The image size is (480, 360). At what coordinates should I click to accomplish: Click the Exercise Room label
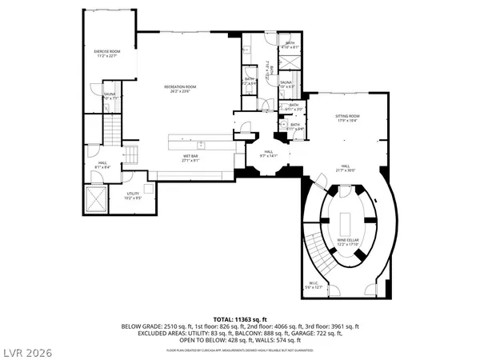pyautogui.click(x=106, y=54)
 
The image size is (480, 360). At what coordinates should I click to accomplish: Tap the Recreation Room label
pyautogui.click(x=180, y=89)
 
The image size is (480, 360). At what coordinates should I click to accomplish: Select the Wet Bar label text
pyautogui.click(x=190, y=158)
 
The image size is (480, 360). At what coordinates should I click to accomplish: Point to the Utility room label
pyautogui.click(x=134, y=195)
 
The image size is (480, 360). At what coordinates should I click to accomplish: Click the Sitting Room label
pyautogui.click(x=346, y=118)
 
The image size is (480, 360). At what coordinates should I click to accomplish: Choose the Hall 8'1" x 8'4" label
pyautogui.click(x=103, y=165)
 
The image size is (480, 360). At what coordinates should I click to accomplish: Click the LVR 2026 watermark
pyautogui.click(x=26, y=350)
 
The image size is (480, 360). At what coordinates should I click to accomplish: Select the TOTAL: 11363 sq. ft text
pyautogui.click(x=240, y=318)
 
